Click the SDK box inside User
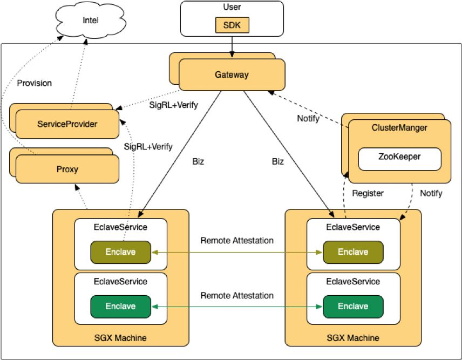[x=232, y=25]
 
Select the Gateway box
[x=232, y=75]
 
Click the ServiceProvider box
[x=67, y=124]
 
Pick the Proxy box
[x=67, y=169]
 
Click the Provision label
[x=35, y=83]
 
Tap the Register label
[x=368, y=193]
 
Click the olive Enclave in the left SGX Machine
[x=120, y=252]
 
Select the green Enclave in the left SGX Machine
[x=120, y=306]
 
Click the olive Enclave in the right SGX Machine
[x=353, y=252]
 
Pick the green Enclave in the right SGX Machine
[x=353, y=306]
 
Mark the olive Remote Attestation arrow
[x=237, y=252]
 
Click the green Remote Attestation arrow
[x=237, y=307]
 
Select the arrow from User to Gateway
[x=232, y=45]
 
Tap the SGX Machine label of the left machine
[x=120, y=338]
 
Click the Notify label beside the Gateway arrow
[x=308, y=118]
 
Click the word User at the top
[x=232, y=8]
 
